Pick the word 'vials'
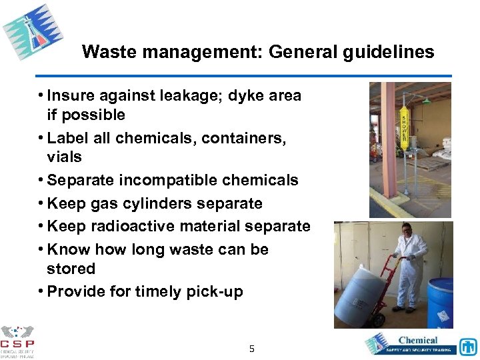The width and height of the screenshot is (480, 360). [x=64, y=157]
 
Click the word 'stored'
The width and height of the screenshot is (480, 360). [x=71, y=269]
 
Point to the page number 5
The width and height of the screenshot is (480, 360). [x=251, y=348]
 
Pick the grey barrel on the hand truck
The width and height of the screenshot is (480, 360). [x=360, y=293]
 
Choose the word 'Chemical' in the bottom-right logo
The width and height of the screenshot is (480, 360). [x=417, y=340]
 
